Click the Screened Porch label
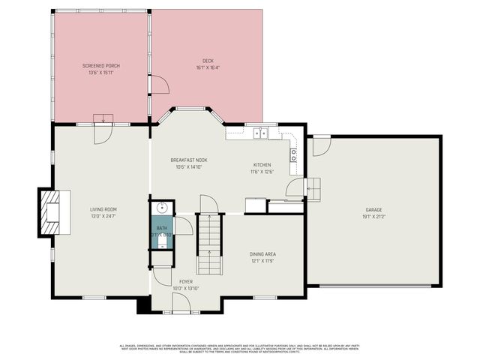pyautogui.click(x=101, y=66)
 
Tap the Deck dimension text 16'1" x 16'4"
pyautogui.click(x=208, y=67)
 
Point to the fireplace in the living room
pyautogui.click(x=51, y=212)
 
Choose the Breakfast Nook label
pyautogui.click(x=188, y=160)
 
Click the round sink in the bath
pyautogui.click(x=162, y=208)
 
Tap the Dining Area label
pyautogui.click(x=262, y=254)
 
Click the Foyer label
pyautogui.click(x=186, y=281)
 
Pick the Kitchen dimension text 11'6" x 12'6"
pyautogui.click(x=262, y=171)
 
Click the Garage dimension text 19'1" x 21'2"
pyautogui.click(x=373, y=217)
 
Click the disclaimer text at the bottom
pyautogui.click(x=240, y=348)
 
